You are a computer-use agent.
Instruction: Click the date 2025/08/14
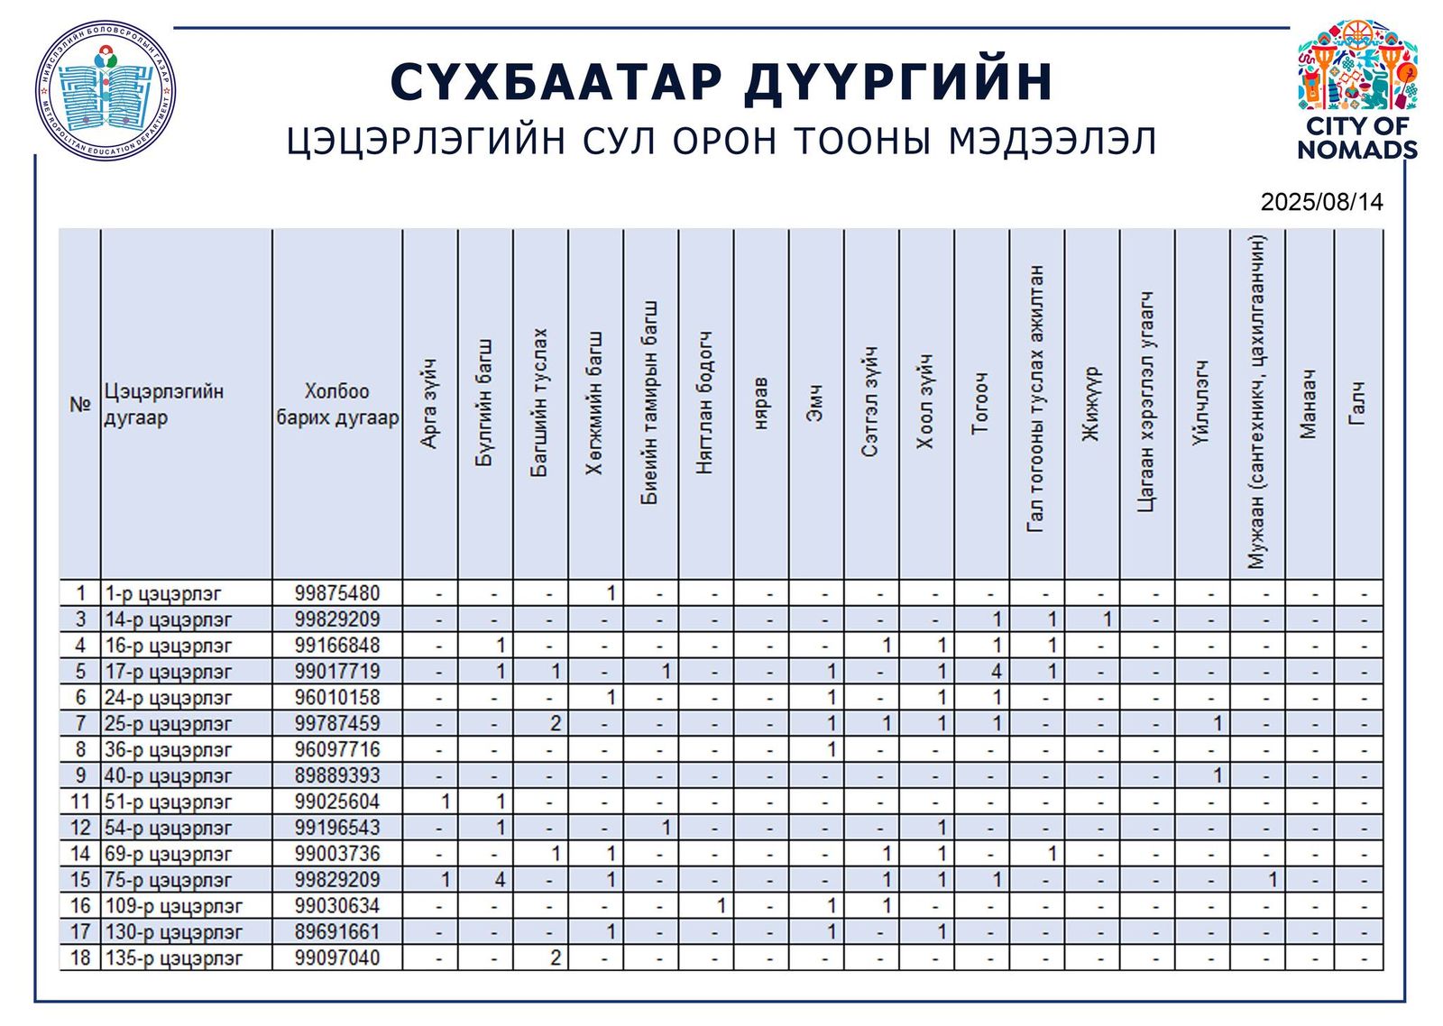point(1321,202)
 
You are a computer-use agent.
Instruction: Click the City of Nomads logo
point(1356,89)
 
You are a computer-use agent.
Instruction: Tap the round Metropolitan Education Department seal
point(106,91)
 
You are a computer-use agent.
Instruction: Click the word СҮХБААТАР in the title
point(556,82)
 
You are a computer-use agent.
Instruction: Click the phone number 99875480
point(337,593)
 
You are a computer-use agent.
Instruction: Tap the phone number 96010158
point(337,698)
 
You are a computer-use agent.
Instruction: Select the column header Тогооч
point(980,403)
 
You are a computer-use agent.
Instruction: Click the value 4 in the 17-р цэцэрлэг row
point(997,672)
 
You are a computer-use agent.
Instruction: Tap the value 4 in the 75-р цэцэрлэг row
point(500,880)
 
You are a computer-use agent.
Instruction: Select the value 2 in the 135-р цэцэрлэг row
point(556,958)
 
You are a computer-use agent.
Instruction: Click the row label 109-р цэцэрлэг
point(174,906)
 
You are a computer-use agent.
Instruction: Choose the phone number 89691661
point(337,932)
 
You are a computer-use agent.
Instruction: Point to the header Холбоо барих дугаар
point(337,404)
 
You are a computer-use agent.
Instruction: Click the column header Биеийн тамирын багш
point(649,403)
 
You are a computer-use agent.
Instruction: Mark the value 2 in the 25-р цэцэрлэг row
point(556,724)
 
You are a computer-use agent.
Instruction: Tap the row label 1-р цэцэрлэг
point(163,593)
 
